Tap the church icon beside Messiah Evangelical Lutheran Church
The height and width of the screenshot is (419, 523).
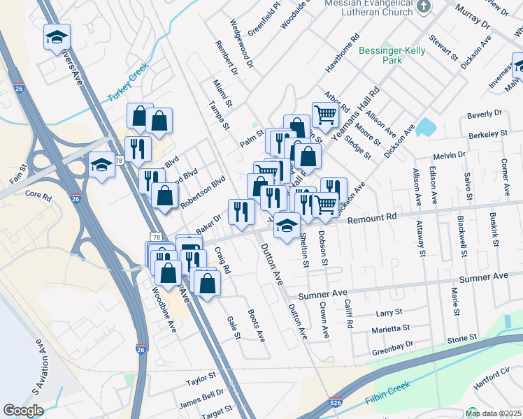(x=423, y=6)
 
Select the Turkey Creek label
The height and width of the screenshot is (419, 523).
(x=129, y=91)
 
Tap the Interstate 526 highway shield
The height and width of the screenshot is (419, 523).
(x=335, y=403)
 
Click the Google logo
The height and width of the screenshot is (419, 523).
(x=23, y=411)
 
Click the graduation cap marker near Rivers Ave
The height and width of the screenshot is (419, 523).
(x=57, y=37)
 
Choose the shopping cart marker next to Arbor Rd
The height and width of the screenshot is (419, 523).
(x=324, y=114)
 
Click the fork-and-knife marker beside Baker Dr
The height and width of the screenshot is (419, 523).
(x=241, y=212)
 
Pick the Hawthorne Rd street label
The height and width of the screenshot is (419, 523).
(x=343, y=53)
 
